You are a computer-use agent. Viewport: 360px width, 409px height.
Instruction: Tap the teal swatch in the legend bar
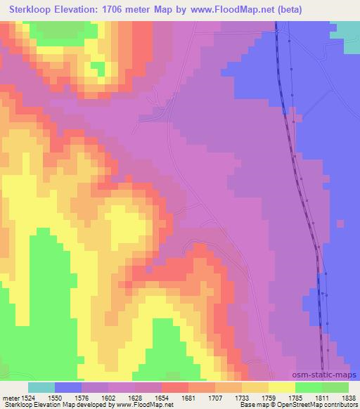tap(41, 387)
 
